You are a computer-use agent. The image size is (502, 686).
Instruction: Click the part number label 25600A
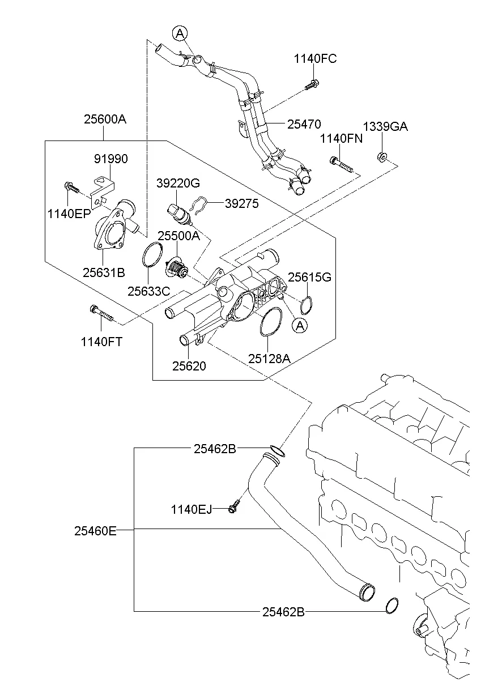(104, 120)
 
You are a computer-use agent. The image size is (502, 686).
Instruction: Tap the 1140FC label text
(315, 59)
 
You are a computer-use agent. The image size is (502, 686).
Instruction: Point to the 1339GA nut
(382, 156)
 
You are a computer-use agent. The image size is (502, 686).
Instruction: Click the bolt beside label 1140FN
(341, 164)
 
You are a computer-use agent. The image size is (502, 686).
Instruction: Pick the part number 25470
(304, 124)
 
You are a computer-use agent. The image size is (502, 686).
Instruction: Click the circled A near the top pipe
(180, 34)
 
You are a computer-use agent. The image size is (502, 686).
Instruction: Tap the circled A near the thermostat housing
(299, 325)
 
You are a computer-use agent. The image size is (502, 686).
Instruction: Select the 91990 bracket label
(110, 160)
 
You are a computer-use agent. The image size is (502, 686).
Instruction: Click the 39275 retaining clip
(198, 205)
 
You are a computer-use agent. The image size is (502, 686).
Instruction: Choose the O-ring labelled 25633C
(152, 254)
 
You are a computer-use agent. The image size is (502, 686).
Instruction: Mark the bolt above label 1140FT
(101, 312)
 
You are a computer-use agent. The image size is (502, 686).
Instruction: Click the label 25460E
(95, 531)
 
